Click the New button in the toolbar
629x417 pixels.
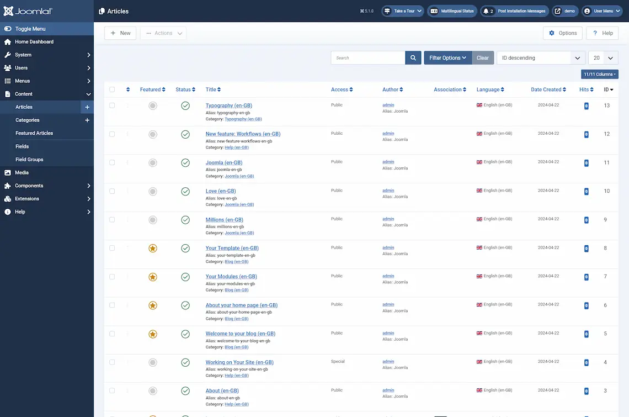[x=120, y=33]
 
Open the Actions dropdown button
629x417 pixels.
[x=163, y=33]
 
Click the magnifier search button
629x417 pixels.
[x=413, y=58]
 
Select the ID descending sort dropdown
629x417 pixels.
[x=541, y=58]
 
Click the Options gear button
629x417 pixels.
[x=563, y=33]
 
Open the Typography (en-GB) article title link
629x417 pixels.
[x=228, y=105]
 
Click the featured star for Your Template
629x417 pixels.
[x=153, y=249]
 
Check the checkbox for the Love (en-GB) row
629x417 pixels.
[x=112, y=191]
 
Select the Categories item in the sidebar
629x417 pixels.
[x=28, y=120]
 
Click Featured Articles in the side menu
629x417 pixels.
[x=34, y=133]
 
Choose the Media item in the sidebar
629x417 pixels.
[x=22, y=172]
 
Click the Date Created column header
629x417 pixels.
[x=548, y=89]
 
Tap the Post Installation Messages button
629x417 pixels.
[x=514, y=11]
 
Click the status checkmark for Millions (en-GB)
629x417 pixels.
[x=185, y=220]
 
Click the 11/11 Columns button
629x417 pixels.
[x=599, y=74]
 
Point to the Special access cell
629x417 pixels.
[x=338, y=362]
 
